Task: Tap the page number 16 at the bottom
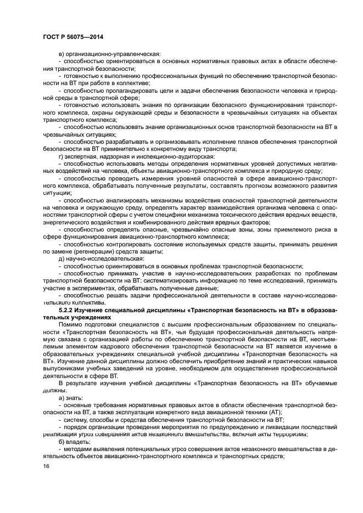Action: (46, 466)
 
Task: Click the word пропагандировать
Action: (128, 90)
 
